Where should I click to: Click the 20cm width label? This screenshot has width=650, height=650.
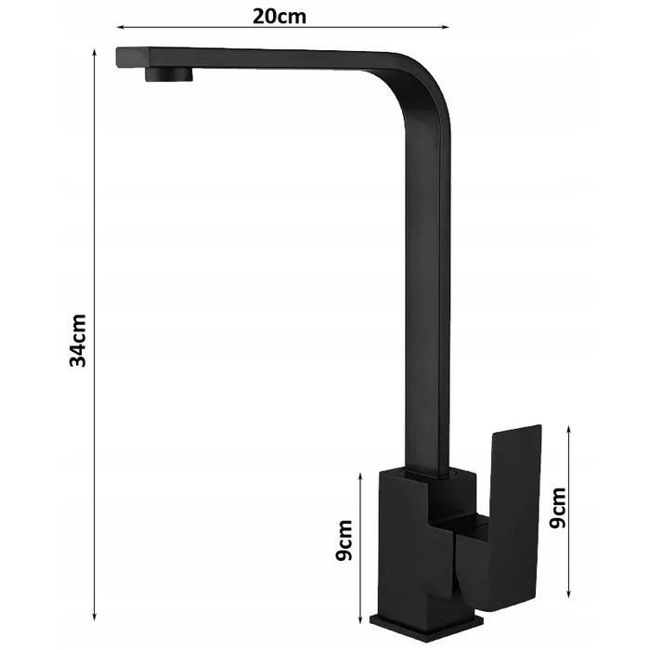pyautogui.click(x=279, y=17)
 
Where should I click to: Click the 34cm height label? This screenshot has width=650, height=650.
pyautogui.click(x=77, y=341)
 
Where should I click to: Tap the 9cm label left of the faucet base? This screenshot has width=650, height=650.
pyautogui.click(x=344, y=540)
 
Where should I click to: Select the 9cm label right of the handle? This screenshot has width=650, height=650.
pyautogui.click(x=557, y=508)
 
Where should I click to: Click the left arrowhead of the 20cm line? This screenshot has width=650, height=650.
pyautogui.click(x=120, y=27)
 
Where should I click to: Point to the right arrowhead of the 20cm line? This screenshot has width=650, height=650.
pyautogui.click(x=445, y=27)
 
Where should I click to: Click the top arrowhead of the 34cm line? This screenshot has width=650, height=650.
pyautogui.click(x=95, y=53)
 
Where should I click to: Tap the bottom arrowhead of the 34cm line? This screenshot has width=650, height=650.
pyautogui.click(x=95, y=617)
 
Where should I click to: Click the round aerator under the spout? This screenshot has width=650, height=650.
pyautogui.click(x=169, y=74)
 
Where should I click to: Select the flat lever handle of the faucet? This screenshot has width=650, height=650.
pyautogui.click(x=514, y=518)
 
